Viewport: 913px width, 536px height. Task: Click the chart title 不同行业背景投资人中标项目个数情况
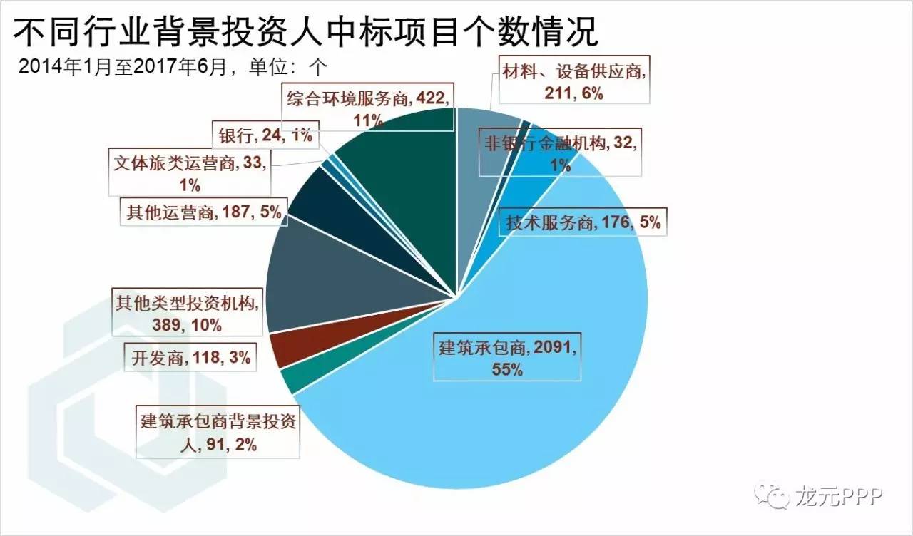point(307,31)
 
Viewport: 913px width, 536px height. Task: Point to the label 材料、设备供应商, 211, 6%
point(573,83)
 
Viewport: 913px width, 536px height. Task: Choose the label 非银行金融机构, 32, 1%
point(560,153)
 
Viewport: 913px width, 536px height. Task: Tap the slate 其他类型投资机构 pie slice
point(321,285)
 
